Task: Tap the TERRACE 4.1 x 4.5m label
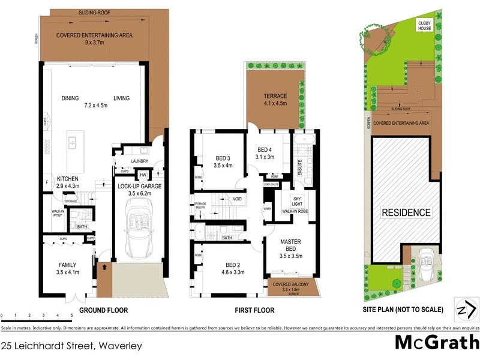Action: click(275, 100)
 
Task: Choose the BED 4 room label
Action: click(266, 153)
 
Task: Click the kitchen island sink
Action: click(72, 143)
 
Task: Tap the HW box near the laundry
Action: click(143, 175)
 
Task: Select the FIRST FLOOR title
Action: click(254, 310)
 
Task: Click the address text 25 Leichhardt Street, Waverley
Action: click(71, 346)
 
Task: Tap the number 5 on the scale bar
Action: click(71, 315)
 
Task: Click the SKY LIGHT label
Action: click(297, 202)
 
